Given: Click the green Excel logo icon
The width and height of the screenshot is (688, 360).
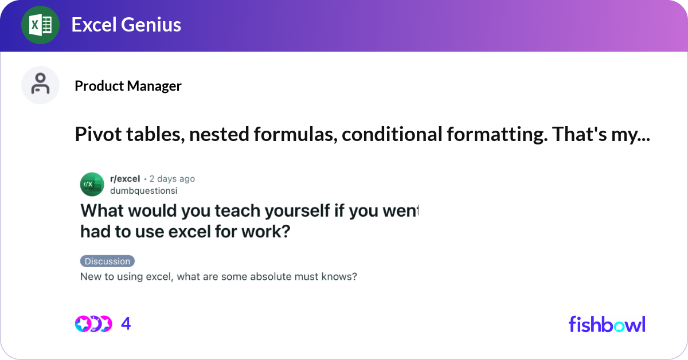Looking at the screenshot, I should [x=41, y=25].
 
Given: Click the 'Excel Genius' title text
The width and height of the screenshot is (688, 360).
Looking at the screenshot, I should [x=126, y=25].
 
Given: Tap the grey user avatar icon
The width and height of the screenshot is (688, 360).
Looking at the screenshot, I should [x=41, y=85].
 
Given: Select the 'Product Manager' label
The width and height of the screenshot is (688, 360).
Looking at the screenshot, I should [x=128, y=86].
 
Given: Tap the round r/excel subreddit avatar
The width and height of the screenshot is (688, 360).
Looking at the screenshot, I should [x=92, y=184].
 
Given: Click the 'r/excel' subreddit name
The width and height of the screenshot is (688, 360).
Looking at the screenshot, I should [x=125, y=179].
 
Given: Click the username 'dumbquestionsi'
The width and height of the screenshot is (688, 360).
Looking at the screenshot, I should [x=143, y=191].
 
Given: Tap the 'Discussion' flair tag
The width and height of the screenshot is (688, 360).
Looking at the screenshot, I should [x=107, y=261].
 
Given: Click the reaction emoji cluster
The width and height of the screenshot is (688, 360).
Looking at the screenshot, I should [x=93, y=324].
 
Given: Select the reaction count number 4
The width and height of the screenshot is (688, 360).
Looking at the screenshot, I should [x=126, y=324].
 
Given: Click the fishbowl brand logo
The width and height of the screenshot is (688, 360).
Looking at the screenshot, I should [x=607, y=324].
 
